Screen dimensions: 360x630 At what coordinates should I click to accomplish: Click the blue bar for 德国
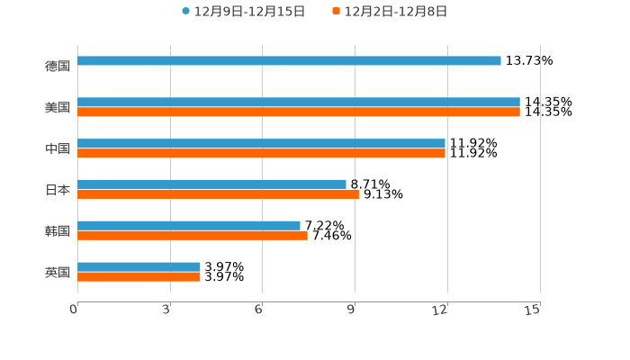289,61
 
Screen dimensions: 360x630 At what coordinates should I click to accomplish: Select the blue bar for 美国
299,103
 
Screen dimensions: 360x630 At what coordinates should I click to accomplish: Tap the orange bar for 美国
299,112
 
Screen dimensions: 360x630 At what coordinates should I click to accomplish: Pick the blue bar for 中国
261,144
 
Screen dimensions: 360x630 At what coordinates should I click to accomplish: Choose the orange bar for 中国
261,154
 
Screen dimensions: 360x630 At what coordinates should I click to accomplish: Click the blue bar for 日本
211,184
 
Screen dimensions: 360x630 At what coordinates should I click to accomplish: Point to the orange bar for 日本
218,194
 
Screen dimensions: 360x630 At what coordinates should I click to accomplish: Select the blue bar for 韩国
189,226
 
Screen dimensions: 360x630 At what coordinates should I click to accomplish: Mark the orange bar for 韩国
193,236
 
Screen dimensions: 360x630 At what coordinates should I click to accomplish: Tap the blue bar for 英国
139,267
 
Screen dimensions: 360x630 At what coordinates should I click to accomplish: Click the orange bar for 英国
139,277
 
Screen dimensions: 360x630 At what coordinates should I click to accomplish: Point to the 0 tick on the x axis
75,310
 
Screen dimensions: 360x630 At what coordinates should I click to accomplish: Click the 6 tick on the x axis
259,310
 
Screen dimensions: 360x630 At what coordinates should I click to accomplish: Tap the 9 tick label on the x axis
352,310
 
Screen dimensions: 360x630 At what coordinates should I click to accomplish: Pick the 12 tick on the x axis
441,310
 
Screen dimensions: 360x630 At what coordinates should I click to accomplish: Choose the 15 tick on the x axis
533,310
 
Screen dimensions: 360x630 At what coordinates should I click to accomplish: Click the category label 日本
58,190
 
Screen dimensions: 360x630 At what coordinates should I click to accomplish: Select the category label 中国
58,148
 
